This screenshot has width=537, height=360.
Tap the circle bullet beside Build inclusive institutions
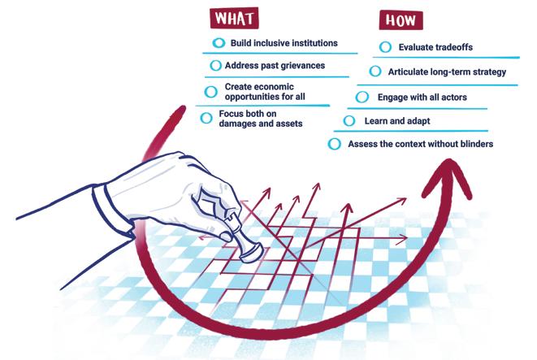pyautogui.click(x=217, y=42)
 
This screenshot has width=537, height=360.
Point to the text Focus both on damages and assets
pyautogui.click(x=260, y=118)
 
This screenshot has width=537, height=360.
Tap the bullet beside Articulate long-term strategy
pyautogui.click(x=375, y=72)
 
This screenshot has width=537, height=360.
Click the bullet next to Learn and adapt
pyautogui.click(x=349, y=121)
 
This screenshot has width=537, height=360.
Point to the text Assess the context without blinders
pyautogui.click(x=421, y=144)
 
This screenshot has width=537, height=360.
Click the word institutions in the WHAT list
pyautogui.click(x=310, y=42)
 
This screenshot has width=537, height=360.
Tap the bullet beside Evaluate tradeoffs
pyautogui.click(x=385, y=46)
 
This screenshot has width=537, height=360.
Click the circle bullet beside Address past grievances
pyautogui.click(x=215, y=65)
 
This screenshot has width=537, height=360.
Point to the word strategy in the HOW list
pyautogui.click(x=486, y=72)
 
